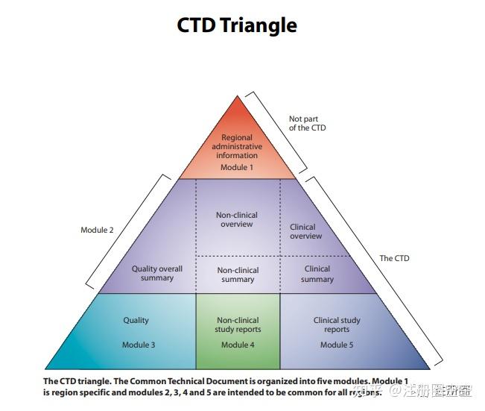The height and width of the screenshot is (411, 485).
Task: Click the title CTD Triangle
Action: tap(237, 25)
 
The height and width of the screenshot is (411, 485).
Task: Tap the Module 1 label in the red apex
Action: tap(237, 167)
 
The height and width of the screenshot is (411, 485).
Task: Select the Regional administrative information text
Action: tap(237, 146)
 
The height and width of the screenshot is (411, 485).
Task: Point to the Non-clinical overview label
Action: tap(237, 219)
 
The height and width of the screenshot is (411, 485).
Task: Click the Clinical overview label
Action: tap(305, 231)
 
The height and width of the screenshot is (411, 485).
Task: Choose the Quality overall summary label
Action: tap(157, 274)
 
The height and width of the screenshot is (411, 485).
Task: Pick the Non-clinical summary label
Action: tap(238, 274)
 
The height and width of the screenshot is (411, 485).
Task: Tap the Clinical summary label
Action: tap(317, 274)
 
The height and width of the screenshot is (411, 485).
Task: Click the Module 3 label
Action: tap(139, 345)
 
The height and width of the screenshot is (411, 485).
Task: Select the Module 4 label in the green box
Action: tap(238, 345)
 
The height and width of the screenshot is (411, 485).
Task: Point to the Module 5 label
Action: tap(337, 345)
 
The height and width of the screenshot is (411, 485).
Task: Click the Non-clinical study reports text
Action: tap(238, 324)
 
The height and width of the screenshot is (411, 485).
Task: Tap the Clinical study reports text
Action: tap(337, 324)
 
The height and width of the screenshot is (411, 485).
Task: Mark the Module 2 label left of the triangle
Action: tap(97, 230)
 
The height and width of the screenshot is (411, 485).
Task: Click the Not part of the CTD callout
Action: tap(307, 123)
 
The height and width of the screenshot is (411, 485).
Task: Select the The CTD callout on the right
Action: tap(394, 258)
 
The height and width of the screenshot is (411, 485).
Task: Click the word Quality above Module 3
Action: tap(136, 320)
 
